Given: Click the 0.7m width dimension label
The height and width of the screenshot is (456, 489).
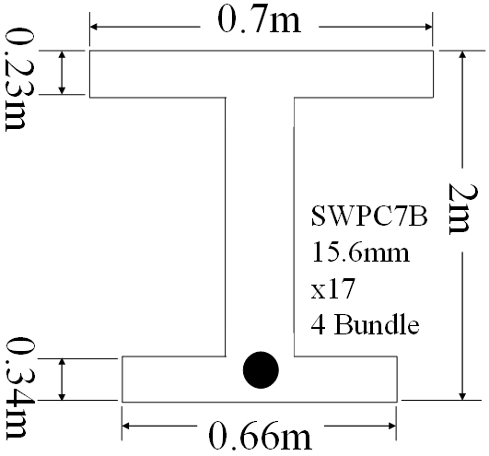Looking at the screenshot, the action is (x=259, y=20).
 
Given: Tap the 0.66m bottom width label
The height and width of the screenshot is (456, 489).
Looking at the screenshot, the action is (x=260, y=436).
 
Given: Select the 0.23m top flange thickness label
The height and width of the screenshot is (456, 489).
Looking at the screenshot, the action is (x=15, y=79).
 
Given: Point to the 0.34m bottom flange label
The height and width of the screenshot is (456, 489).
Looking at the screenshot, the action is (x=16, y=389).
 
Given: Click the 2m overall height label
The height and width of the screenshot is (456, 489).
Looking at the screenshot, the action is (x=459, y=208).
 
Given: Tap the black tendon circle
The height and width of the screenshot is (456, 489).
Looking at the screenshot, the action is (x=261, y=370).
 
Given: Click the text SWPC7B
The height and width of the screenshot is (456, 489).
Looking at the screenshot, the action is (x=369, y=216).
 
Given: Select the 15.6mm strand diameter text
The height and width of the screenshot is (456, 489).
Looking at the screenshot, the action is (x=360, y=252).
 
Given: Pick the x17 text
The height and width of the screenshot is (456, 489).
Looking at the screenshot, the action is (x=332, y=288).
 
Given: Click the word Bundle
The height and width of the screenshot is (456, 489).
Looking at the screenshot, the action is (x=377, y=324).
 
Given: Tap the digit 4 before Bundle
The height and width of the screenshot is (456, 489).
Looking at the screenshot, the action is (x=318, y=324).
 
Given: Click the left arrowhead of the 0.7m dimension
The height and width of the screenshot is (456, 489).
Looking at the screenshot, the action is (x=94, y=27).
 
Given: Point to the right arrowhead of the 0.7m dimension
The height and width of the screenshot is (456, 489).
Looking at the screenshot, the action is (x=428, y=27).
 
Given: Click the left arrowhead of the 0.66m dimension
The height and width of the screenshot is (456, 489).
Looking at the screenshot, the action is (x=125, y=426).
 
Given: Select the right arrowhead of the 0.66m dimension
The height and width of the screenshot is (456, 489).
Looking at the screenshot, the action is (x=392, y=426).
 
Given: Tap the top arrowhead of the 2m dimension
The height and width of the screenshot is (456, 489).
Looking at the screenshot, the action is (x=463, y=54).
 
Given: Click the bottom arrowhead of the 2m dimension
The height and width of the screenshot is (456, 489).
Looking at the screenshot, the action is (x=463, y=396).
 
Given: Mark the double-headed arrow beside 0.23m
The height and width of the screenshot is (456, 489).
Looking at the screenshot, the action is (x=62, y=73).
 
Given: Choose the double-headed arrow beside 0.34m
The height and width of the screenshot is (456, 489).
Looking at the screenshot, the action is (x=62, y=380).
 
